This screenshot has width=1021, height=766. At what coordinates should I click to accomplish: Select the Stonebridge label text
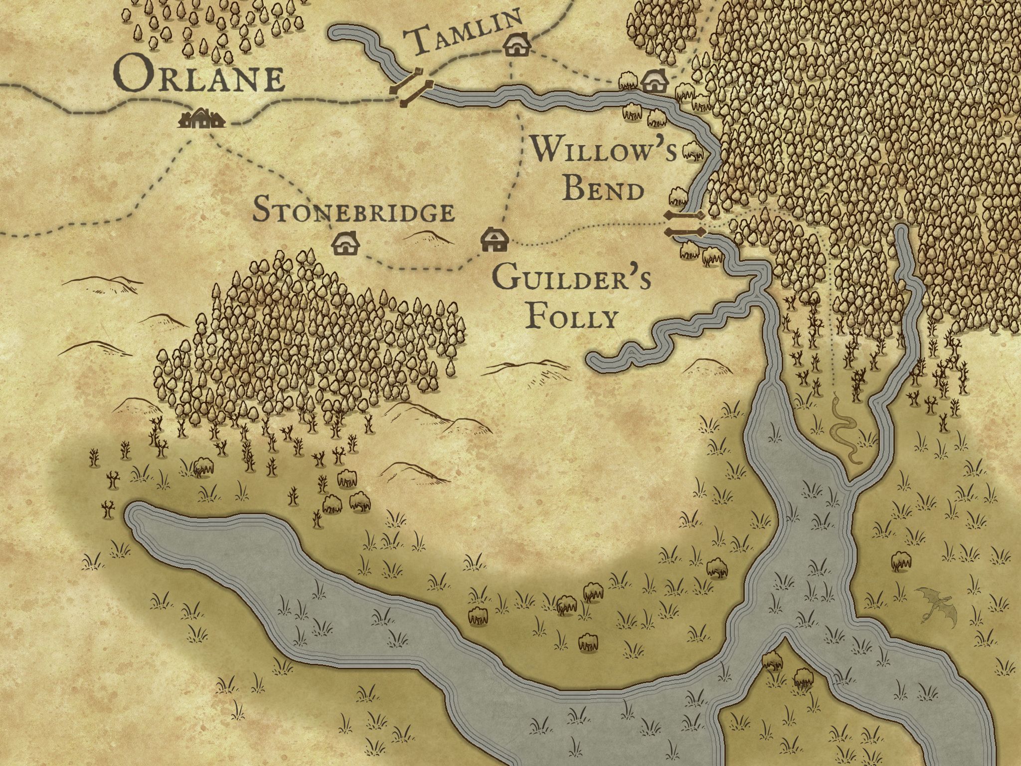click(353, 211)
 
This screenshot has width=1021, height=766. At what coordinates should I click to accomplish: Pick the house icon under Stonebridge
click(346, 243)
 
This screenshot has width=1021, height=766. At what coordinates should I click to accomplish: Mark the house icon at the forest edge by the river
click(654, 81)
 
